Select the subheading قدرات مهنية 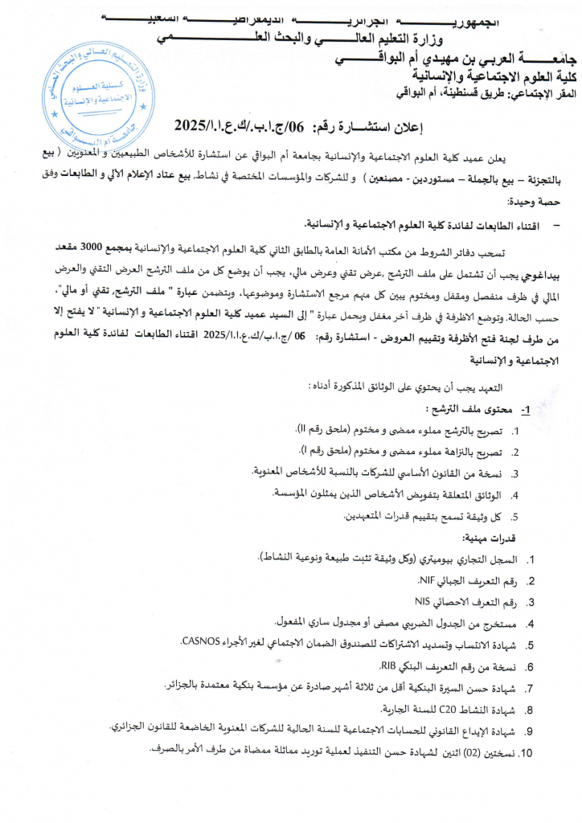pyautogui.click(x=490, y=538)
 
